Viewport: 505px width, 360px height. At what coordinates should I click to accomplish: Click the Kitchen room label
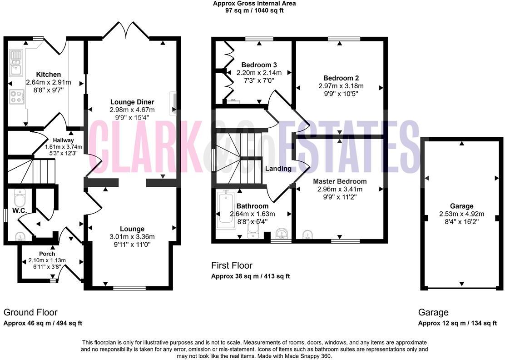click(x=49, y=75)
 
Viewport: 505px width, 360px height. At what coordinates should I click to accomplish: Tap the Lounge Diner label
click(x=132, y=102)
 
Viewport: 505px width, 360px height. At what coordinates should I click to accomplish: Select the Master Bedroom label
click(x=340, y=181)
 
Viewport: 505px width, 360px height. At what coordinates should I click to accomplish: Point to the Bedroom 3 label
click(x=259, y=65)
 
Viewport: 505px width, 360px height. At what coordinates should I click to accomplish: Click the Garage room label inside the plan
click(x=461, y=206)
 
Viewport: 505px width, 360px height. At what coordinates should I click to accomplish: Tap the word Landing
click(x=278, y=169)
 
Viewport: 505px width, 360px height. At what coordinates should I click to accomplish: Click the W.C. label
click(x=19, y=210)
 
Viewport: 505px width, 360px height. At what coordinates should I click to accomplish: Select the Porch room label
click(x=47, y=254)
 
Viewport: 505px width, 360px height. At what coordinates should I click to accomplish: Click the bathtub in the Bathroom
click(x=225, y=209)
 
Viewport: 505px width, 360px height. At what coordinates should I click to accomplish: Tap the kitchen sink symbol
click(x=17, y=64)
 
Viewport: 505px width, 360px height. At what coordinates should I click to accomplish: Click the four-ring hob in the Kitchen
click(x=17, y=96)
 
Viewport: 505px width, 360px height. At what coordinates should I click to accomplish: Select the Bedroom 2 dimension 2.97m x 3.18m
click(x=341, y=85)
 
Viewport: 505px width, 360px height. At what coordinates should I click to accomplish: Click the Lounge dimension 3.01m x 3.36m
click(x=132, y=237)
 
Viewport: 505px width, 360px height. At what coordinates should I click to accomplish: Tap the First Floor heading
click(x=232, y=265)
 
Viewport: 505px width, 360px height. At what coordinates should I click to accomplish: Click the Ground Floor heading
click(x=30, y=312)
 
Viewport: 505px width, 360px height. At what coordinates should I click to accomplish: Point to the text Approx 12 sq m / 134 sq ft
click(x=457, y=323)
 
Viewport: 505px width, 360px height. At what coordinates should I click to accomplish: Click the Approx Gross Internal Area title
click(x=254, y=4)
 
